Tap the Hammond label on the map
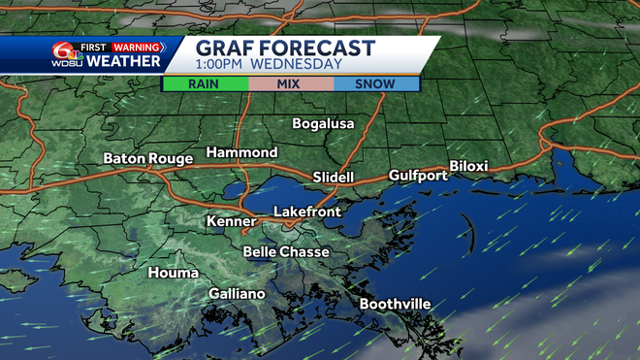(x=241, y=152)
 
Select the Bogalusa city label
(x=324, y=123)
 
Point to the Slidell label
(x=334, y=178)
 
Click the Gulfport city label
(x=418, y=176)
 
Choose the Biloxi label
(x=468, y=166)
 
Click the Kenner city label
(x=231, y=222)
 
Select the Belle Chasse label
(x=285, y=251)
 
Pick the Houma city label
(x=174, y=273)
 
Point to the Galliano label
(x=237, y=294)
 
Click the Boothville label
(x=395, y=304)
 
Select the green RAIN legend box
(x=206, y=83)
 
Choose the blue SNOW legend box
(x=375, y=83)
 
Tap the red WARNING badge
(x=136, y=46)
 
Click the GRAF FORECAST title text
(x=285, y=48)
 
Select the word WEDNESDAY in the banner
(x=300, y=65)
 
